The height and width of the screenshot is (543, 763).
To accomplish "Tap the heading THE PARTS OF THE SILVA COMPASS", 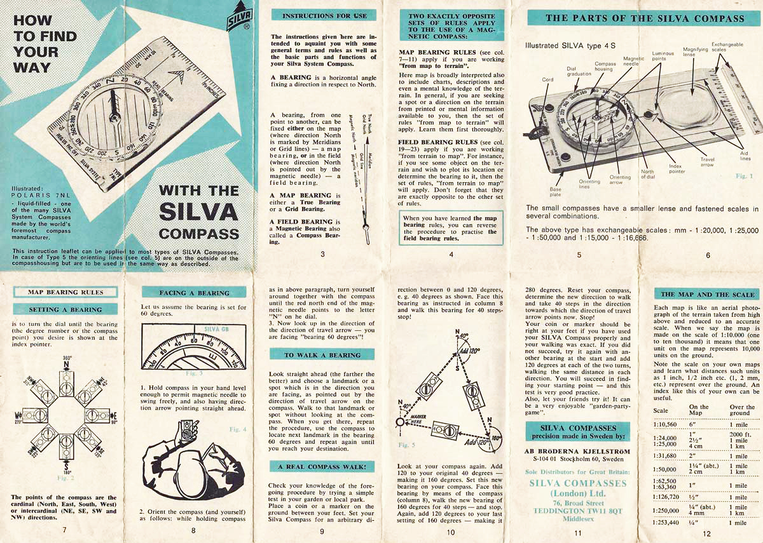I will point(644,18).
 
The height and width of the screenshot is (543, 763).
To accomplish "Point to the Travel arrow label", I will point(707,163).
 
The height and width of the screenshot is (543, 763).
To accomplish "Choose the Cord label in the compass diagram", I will point(547,80).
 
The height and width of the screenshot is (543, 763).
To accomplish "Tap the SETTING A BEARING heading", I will point(65,309).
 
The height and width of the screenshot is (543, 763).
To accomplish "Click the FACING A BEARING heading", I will point(195,293).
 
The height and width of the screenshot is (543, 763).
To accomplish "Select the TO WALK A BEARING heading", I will point(321,355).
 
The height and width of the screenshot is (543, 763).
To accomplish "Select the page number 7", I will point(64,529).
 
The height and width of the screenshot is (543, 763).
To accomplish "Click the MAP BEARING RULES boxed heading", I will point(65,292).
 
